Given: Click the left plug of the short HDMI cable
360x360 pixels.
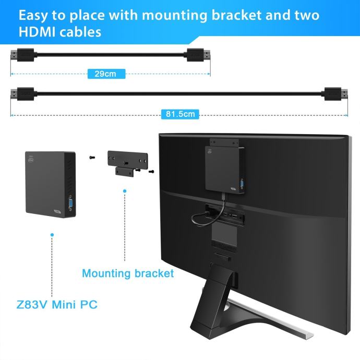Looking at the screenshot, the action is point(23,54).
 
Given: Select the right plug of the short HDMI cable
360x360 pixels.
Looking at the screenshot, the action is point(198,54).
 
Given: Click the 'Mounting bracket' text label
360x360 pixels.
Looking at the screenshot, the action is point(128,273).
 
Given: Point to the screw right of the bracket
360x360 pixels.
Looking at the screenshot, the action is point(151,171).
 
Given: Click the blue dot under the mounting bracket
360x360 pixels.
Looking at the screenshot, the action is point(125,191).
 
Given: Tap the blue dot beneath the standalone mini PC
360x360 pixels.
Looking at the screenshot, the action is point(51,235).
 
